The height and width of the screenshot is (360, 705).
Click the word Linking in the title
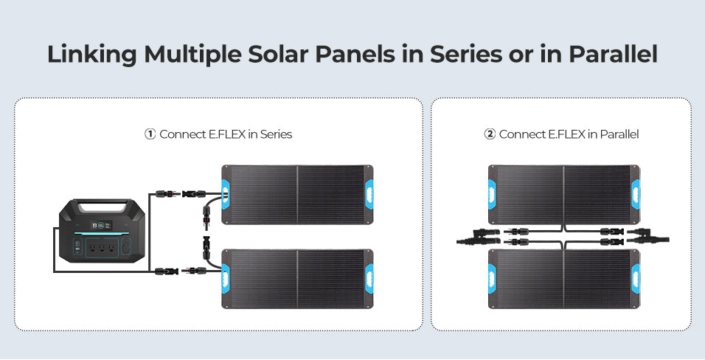pyautogui.click(x=91, y=55)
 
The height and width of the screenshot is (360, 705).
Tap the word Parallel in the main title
pyautogui.click(x=613, y=54)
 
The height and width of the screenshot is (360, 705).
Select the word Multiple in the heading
pyautogui.click(x=193, y=55)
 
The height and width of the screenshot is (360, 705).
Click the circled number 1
pyautogui.click(x=150, y=134)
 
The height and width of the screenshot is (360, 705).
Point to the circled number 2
pyautogui.click(x=489, y=134)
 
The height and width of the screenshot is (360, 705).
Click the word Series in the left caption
pyautogui.click(x=276, y=134)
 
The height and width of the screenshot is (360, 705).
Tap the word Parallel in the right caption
pyautogui.click(x=619, y=134)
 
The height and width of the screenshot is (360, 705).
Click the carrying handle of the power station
pyautogui.click(x=102, y=207)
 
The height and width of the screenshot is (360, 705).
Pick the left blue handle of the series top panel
pyautogui.click(x=225, y=195)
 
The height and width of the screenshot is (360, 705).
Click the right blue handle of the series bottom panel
pyautogui.click(x=369, y=279)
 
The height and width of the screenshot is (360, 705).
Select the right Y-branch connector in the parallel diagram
pyautogui.click(x=647, y=236)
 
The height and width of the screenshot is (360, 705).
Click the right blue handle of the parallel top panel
pyautogui.click(x=635, y=195)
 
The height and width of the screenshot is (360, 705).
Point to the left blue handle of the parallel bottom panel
pyautogui.click(x=492, y=279)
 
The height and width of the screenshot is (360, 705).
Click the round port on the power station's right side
pyautogui.click(x=126, y=246)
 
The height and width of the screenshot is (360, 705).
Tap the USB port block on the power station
pyautogui.click(x=77, y=247)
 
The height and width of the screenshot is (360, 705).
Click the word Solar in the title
pyautogui.click(x=278, y=54)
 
